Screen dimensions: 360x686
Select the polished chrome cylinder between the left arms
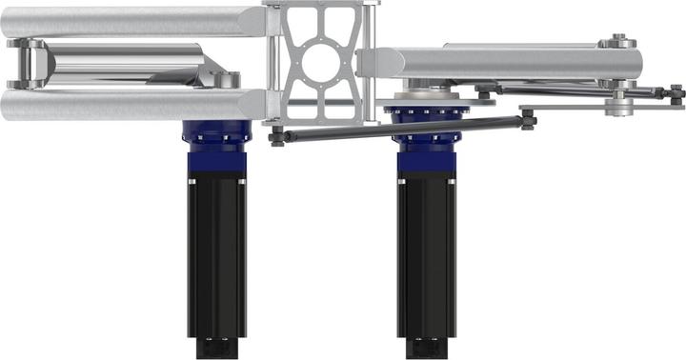[x=124, y=66]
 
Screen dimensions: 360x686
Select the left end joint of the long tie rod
[x=277, y=136]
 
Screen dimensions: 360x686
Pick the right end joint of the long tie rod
[x=527, y=119]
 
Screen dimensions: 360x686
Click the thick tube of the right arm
[x=495, y=64]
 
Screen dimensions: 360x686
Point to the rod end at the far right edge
[x=676, y=93]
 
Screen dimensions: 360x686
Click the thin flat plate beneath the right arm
[x=572, y=108]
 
